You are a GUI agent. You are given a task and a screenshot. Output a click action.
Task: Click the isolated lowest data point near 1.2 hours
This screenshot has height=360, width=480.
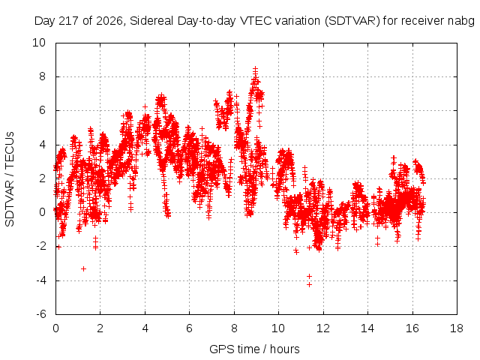coord(83,268)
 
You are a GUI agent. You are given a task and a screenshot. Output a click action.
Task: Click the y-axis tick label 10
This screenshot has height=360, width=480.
coord(39,43)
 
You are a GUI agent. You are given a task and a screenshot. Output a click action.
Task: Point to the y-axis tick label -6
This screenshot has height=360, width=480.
coord(41,314)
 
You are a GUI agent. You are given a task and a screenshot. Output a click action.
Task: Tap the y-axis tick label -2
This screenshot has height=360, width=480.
coord(41,246)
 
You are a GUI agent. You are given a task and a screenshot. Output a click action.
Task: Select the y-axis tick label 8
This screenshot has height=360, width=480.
coord(42,76)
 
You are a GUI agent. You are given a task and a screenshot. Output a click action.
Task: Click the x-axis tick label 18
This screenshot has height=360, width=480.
coord(457,328)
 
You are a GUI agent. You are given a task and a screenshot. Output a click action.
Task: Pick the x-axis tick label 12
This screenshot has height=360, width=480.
coord(323,328)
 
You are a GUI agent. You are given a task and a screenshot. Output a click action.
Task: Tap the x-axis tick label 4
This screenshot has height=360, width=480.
coord(145,328)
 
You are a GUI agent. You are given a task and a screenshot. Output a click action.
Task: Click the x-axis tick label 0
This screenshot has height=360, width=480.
coord(55,328)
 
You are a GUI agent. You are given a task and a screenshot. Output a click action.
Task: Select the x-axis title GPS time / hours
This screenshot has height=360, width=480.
coord(254,349)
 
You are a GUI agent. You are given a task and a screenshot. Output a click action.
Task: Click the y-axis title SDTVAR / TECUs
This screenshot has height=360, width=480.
coord(10,179)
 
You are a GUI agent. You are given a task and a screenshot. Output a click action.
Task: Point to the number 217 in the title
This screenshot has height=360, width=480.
coord(69,21)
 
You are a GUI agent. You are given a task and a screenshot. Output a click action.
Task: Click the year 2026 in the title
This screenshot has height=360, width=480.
coord(109,21)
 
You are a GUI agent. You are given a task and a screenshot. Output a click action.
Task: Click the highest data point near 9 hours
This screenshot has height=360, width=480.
coord(255,69)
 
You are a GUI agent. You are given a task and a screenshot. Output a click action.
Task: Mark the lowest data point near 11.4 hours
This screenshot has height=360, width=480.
coord(309,285)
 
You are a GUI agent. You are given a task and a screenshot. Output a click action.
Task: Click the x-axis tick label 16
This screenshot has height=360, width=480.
coord(412,328)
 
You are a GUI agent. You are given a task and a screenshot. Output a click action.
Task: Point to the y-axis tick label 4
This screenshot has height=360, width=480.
coord(42,145)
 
